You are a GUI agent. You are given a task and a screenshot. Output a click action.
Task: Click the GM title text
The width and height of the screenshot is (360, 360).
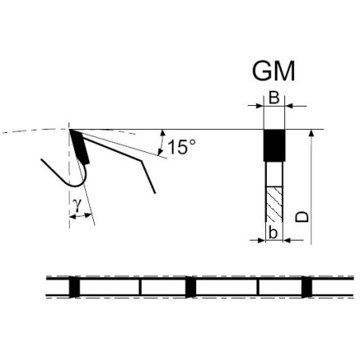273,71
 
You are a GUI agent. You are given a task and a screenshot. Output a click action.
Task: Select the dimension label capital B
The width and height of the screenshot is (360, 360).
274,97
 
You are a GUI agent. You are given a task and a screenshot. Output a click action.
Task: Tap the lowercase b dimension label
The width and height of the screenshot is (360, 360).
273,233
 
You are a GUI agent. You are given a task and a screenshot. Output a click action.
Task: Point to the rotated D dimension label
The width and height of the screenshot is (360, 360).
302,217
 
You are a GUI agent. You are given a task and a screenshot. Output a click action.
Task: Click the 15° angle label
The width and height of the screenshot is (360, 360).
182,147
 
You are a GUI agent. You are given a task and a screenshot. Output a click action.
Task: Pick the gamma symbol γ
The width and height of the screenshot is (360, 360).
77,205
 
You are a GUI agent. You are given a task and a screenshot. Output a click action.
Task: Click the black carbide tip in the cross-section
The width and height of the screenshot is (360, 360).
274,146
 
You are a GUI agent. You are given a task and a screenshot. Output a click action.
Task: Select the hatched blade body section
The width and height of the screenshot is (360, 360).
275,204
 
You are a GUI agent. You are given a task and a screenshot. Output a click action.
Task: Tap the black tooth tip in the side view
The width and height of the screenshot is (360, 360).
80,147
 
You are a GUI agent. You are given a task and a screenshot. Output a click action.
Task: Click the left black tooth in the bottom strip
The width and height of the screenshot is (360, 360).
74,287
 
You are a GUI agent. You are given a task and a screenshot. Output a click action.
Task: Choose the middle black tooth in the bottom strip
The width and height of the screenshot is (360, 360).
190,287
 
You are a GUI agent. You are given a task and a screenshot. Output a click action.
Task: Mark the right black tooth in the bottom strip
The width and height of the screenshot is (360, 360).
307,287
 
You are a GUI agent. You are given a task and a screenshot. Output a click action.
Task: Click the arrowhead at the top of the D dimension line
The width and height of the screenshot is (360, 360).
311,133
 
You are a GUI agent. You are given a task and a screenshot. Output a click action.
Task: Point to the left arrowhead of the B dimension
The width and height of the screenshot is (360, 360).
260,106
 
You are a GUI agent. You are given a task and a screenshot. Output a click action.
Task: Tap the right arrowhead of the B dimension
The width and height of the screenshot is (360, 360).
288,106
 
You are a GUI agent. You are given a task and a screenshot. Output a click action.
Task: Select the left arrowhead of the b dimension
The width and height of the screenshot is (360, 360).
262,241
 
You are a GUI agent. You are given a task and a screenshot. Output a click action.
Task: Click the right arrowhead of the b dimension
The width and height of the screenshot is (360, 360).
287,241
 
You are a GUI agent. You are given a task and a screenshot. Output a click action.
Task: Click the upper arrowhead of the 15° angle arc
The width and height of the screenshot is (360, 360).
162,133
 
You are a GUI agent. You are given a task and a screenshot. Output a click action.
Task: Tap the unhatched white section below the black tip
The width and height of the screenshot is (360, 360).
275,174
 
